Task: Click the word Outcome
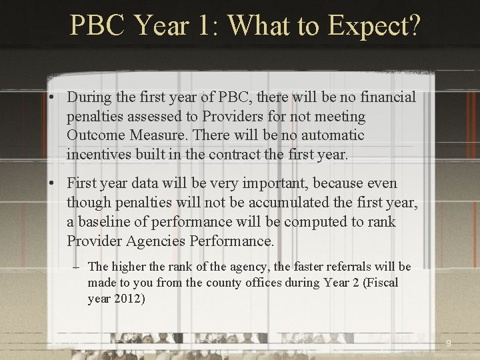[x=93, y=135]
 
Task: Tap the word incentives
[x=100, y=155]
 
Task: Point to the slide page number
[x=448, y=344]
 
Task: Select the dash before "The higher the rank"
[x=77, y=267]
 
